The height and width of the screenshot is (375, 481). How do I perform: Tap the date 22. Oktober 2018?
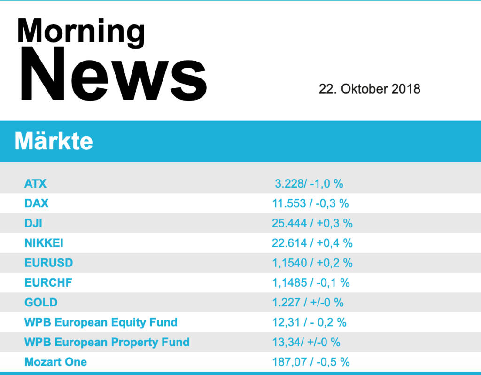click(x=369, y=89)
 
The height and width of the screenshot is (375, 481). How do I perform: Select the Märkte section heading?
click(x=54, y=141)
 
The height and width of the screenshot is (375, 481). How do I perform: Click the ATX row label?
click(x=35, y=183)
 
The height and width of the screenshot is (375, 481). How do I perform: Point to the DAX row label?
click(x=36, y=203)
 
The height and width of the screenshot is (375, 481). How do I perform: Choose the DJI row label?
click(x=33, y=223)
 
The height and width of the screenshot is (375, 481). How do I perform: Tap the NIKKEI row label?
click(x=44, y=243)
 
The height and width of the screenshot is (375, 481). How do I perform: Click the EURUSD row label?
click(x=48, y=263)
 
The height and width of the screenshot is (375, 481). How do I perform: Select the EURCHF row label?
click(x=48, y=282)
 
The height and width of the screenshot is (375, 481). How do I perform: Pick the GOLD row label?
click(x=41, y=302)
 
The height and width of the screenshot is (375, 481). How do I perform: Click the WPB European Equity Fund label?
click(x=101, y=322)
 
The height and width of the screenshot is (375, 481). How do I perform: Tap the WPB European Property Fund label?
click(x=107, y=342)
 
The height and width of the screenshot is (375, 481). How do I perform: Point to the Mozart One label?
click(x=55, y=362)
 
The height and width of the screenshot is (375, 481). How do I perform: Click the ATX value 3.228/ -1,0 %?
click(x=309, y=183)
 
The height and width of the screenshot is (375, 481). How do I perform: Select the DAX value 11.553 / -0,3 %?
click(x=310, y=203)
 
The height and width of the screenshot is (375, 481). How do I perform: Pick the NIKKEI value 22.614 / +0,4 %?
click(x=312, y=243)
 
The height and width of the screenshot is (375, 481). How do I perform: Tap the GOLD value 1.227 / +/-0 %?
click(x=308, y=302)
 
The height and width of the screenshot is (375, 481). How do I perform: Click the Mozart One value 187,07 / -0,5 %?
click(x=311, y=362)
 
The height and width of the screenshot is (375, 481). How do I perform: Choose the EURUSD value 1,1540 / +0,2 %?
click(x=312, y=263)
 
